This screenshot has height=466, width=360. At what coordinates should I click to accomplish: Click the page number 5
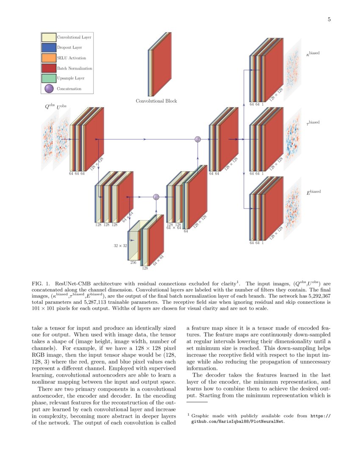pyautogui.click(x=329, y=19)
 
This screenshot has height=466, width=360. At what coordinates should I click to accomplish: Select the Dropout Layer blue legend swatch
pyautogui.click(x=49, y=47)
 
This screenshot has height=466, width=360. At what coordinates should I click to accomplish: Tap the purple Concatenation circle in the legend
pyautogui.click(x=49, y=89)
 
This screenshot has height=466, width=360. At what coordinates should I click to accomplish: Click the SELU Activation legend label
pyautogui.click(x=72, y=58)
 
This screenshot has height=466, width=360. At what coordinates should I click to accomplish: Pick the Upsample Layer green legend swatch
pyautogui.click(x=49, y=78)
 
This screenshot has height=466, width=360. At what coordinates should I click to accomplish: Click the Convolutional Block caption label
pyautogui.click(x=156, y=101)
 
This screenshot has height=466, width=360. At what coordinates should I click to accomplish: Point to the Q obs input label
pyautogui.click(x=50, y=107)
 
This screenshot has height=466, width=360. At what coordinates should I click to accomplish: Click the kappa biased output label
pyautogui.click(x=313, y=54)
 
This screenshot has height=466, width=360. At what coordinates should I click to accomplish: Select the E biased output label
pyautogui.click(x=313, y=192)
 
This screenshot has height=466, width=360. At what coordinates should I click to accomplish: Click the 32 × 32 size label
pyautogui.click(x=120, y=245)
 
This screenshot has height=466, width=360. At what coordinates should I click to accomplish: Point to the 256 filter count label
pyautogui.click(x=133, y=263)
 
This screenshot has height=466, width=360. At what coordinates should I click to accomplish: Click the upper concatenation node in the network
pyautogui.click(x=197, y=139)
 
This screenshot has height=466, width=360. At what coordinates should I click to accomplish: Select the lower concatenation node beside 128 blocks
pyautogui.click(x=156, y=197)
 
